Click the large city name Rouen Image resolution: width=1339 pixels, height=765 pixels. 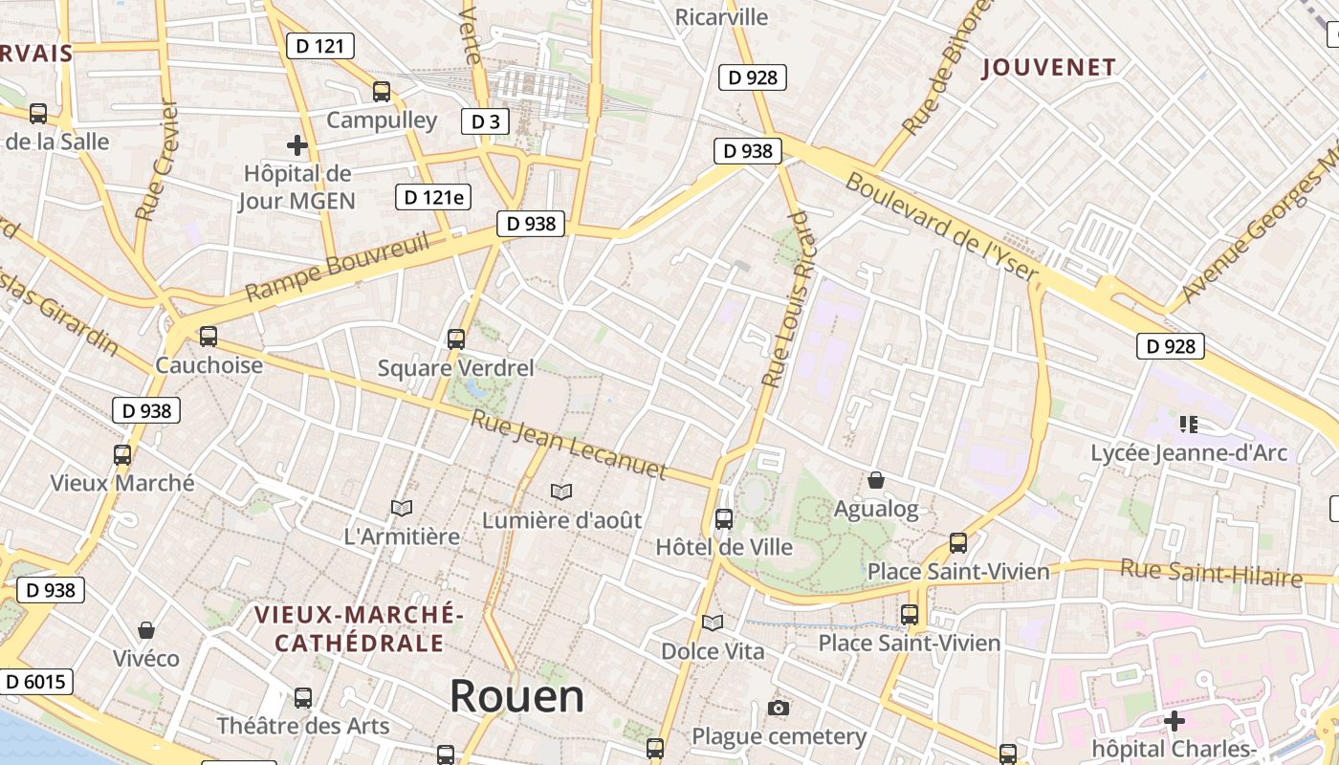tap(516, 696)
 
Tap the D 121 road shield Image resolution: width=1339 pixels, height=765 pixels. tap(320, 45)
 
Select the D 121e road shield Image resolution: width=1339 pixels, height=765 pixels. tap(434, 197)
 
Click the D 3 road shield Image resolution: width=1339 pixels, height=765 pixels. tap(485, 121)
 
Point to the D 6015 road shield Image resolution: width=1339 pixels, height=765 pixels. tap(36, 681)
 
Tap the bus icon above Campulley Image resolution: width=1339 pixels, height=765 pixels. tap(382, 92)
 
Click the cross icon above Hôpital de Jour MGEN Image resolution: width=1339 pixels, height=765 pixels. tap(297, 145)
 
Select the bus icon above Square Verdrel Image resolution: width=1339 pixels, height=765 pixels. tap(456, 339)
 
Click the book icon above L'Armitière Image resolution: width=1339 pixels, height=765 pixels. tap(402, 508)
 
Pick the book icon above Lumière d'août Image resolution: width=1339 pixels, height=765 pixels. tap(561, 492)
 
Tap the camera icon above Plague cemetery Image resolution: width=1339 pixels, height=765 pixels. tap(779, 708)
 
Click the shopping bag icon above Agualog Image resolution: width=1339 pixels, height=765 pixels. tap(875, 480)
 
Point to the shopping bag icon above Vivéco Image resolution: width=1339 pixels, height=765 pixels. tap(146, 630)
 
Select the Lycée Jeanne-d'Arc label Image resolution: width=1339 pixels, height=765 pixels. tap(1189, 452)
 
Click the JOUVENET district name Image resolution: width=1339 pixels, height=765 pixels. tap(1049, 67)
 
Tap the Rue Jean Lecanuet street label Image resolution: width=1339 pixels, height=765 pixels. tap(568, 445)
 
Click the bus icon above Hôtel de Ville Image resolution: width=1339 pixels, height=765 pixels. tap(724, 519)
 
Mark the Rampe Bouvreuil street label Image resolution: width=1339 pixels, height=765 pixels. tap(337, 267)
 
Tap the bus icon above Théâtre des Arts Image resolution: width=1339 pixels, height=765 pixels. tap(303, 698)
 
